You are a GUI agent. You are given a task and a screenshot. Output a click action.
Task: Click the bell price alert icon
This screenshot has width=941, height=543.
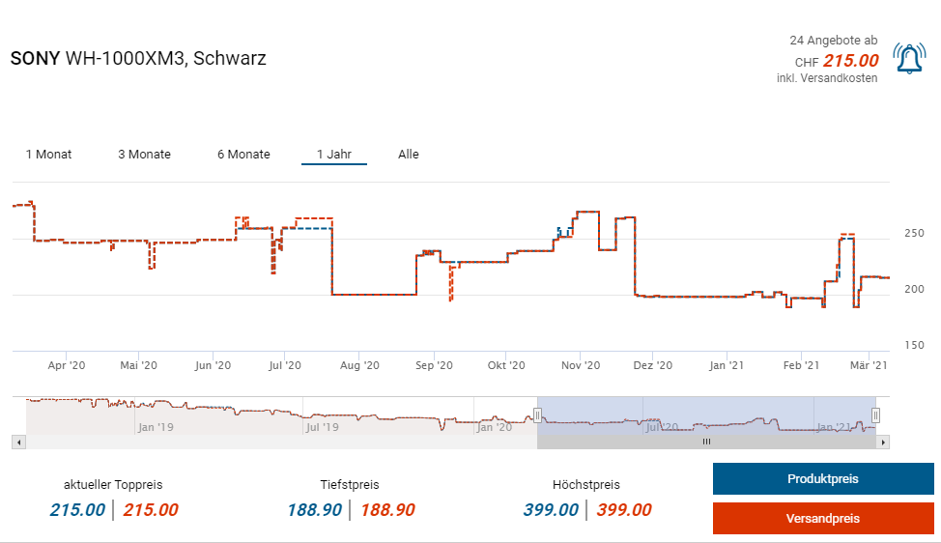point(909,59)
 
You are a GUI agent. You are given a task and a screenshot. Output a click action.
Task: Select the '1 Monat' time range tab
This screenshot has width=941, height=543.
point(48,155)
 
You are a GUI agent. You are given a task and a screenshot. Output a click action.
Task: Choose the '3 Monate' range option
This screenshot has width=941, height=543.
point(144,155)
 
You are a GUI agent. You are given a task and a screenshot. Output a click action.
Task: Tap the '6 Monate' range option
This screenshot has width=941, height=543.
point(243,155)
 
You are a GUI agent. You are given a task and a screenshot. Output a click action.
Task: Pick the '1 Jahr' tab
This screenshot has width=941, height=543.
point(334,155)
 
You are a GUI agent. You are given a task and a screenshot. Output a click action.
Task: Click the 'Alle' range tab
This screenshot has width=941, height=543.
point(409,155)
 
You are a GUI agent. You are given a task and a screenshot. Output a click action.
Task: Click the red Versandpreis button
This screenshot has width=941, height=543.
point(823,519)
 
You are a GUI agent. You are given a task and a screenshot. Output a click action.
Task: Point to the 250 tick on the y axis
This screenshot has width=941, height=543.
point(914,234)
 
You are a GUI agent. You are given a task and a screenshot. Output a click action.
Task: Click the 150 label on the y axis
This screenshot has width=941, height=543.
point(914,346)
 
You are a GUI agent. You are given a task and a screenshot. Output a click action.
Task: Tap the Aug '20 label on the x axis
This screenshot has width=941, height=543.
point(357,366)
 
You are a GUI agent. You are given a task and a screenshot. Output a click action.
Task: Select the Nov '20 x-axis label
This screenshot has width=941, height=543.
point(581,366)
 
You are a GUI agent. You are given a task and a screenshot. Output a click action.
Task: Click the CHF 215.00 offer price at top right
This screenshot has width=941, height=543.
point(850,60)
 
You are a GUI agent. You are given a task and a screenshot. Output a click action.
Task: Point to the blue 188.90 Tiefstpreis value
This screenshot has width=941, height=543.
point(314,510)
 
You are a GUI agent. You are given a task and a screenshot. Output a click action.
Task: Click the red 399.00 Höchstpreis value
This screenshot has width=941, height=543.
point(624,510)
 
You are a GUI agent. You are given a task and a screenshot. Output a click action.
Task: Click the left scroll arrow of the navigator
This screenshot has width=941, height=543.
point(17,442)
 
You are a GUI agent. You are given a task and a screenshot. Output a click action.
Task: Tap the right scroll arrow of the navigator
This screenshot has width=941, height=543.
point(883,442)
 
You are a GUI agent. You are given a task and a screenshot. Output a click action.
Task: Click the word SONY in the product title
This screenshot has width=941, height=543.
point(35,58)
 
